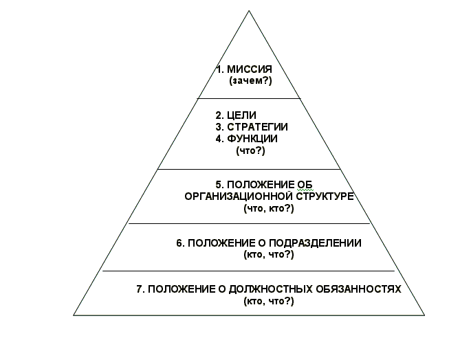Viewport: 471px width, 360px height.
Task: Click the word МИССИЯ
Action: pyautogui.click(x=250, y=69)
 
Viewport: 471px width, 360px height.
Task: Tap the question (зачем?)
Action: pyautogui.click(x=250, y=81)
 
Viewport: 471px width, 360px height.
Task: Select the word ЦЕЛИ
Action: pyautogui.click(x=241, y=115)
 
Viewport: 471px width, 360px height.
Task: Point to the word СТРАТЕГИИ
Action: pyautogui.click(x=257, y=127)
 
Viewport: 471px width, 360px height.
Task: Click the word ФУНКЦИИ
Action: pyautogui.click(x=252, y=139)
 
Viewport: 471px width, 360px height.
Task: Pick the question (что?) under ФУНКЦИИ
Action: pyautogui.click(x=250, y=150)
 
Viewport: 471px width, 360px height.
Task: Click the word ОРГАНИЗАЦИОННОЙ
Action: pyautogui.click(x=239, y=196)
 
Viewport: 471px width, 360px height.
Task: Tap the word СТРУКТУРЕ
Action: pyautogui.click(x=325, y=196)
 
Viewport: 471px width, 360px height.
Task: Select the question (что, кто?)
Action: pyautogui.click(x=269, y=208)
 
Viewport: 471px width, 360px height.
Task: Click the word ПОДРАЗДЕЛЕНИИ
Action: pyautogui.click(x=315, y=243)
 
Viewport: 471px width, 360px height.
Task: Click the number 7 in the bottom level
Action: pyautogui.click(x=140, y=289)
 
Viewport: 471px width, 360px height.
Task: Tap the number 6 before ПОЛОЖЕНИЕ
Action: pyautogui.click(x=179, y=243)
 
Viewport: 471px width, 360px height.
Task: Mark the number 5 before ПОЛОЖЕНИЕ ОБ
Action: pyautogui.click(x=219, y=185)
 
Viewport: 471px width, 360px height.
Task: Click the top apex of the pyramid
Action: pyautogui.click(x=249, y=11)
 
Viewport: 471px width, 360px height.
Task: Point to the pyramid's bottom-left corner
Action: pyautogui.click(x=74, y=315)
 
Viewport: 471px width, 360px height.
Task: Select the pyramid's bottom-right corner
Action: pyautogui.click(x=424, y=315)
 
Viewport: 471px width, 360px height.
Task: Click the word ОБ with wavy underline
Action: pyautogui.click(x=305, y=185)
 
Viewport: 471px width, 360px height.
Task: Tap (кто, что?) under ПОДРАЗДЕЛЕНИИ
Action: pyautogui.click(x=269, y=255)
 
